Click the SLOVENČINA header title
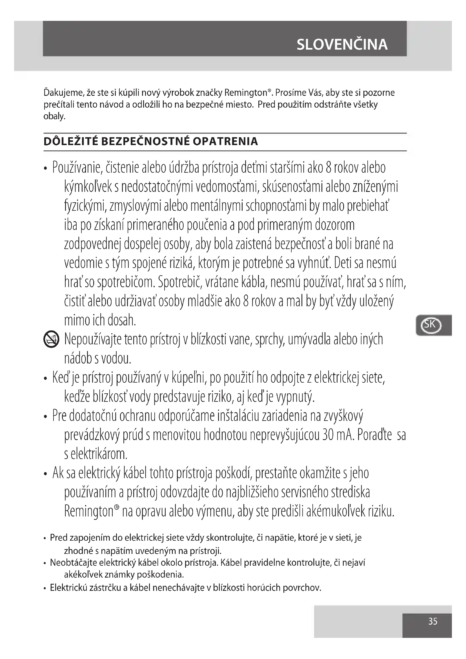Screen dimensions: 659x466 342,45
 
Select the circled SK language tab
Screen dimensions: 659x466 430,325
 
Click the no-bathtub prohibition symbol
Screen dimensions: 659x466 51,340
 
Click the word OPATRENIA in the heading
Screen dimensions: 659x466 225,141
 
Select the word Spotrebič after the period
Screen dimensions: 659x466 177,282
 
